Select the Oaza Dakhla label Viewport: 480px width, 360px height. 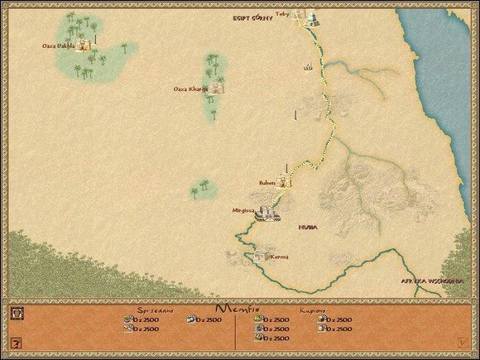pyautogui.click(x=58, y=46)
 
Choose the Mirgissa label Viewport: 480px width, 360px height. pyautogui.click(x=243, y=210)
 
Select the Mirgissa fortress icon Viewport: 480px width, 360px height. pyautogui.click(x=267, y=215)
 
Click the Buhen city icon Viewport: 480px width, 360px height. pyautogui.click(x=283, y=182)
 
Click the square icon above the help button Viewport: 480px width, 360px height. pyautogui.click(x=15, y=314)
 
